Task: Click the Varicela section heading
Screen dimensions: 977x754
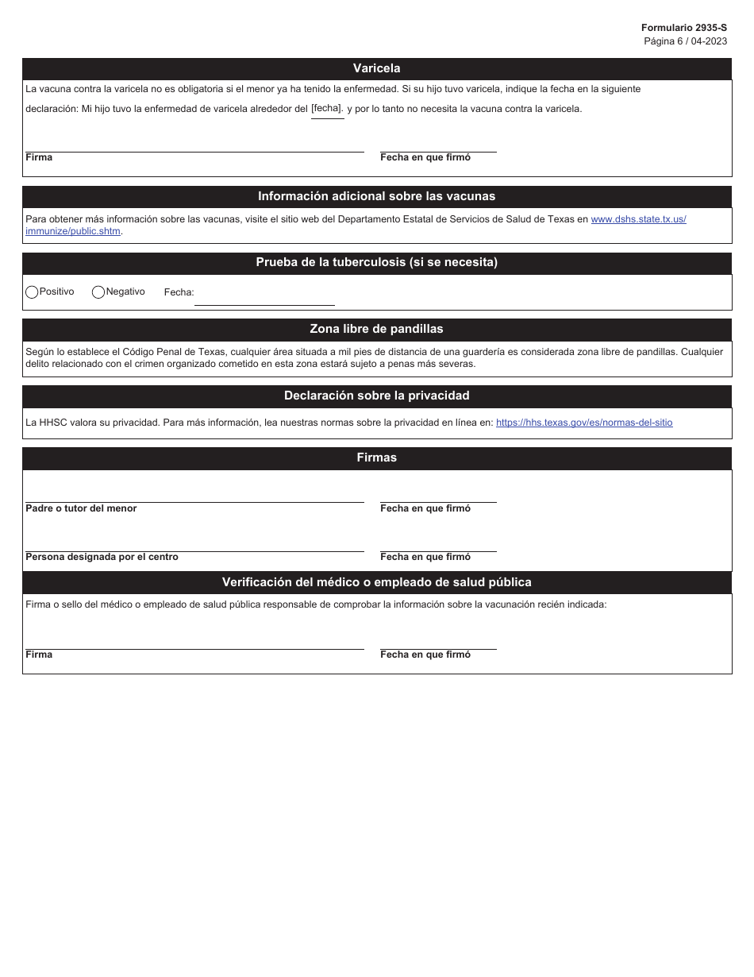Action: click(376, 68)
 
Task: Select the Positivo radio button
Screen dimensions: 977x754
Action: click(32, 292)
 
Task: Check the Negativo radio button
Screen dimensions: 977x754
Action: click(98, 292)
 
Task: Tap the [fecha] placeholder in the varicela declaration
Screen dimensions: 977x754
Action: click(327, 109)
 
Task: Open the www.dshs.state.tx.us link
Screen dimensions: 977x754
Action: click(638, 219)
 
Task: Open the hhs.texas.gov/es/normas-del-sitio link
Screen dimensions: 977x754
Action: click(584, 423)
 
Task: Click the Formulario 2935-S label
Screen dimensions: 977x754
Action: click(683, 27)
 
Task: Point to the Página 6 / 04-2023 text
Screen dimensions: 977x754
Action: click(685, 41)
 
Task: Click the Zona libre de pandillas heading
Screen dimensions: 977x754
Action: click(376, 329)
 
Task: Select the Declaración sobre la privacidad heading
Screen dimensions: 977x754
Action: click(376, 396)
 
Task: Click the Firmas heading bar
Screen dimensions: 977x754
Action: click(376, 458)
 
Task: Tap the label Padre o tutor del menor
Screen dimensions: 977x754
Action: click(81, 508)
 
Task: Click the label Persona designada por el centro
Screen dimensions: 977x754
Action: click(102, 557)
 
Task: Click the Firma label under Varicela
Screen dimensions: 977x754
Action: click(39, 157)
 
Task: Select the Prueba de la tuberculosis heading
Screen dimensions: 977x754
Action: click(376, 262)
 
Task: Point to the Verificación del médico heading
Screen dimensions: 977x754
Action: click(376, 582)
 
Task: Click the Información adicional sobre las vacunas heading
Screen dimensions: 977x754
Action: click(376, 196)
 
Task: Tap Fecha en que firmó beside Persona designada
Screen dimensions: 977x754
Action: click(425, 557)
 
